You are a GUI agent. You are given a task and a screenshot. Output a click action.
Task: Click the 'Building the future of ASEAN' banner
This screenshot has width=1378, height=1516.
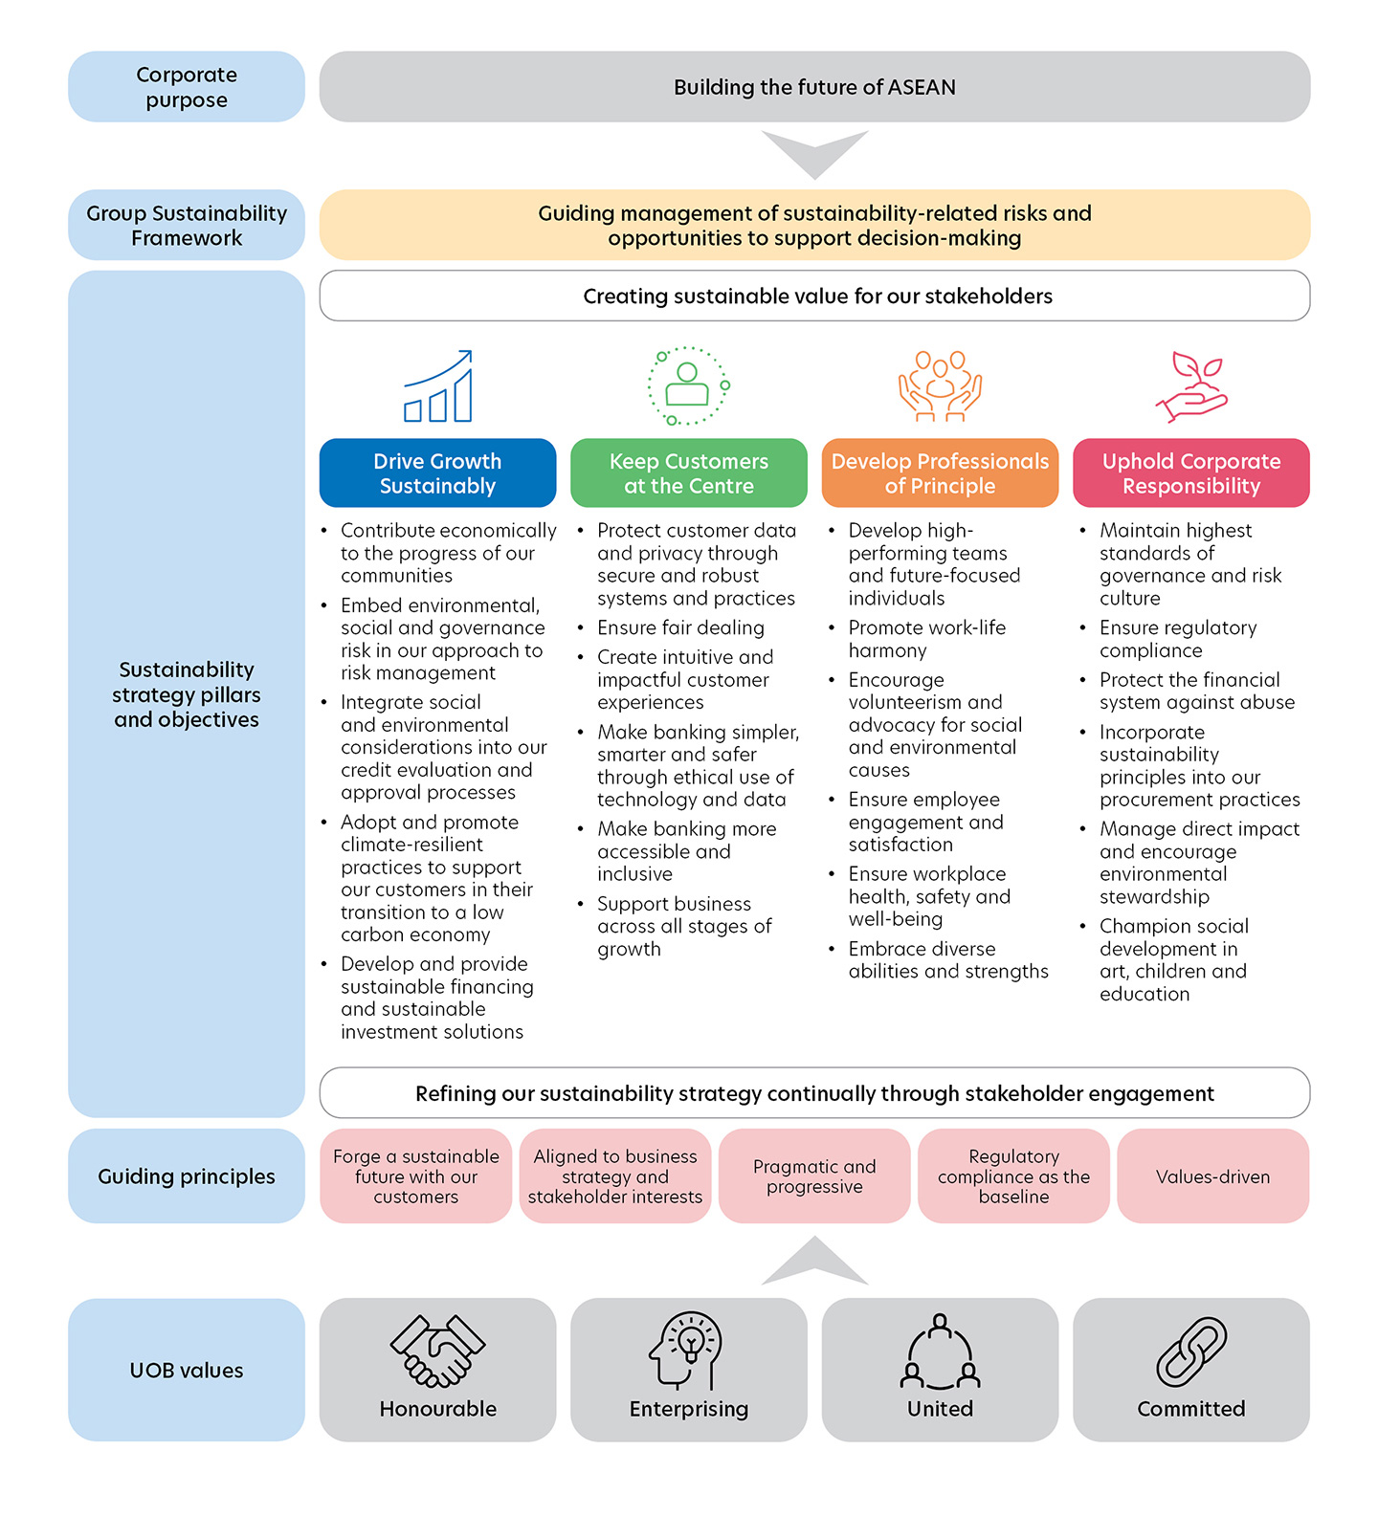click(814, 87)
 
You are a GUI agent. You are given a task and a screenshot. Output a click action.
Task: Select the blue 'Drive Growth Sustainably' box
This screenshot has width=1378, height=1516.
click(437, 473)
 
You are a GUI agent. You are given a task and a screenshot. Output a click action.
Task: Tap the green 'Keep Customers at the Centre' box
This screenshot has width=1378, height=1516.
click(689, 473)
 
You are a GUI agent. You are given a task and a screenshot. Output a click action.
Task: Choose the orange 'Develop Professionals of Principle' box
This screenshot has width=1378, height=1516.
click(940, 473)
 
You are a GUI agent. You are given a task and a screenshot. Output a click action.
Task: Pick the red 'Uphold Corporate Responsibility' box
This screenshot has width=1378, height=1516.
click(1191, 473)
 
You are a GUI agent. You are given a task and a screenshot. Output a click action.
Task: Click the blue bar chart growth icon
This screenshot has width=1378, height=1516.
click(437, 386)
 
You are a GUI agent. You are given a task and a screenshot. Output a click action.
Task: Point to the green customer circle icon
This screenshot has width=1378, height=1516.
click(689, 386)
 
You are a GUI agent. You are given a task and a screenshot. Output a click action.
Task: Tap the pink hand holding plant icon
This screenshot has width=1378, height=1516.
click(1191, 386)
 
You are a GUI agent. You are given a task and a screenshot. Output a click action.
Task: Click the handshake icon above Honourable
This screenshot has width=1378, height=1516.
click(437, 1351)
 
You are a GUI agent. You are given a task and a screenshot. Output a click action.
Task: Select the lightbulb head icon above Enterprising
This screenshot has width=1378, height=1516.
click(686, 1351)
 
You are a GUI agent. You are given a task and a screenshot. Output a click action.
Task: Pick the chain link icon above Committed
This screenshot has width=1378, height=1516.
click(1191, 1351)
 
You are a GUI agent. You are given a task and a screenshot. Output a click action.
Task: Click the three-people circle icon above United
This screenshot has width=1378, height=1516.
click(940, 1352)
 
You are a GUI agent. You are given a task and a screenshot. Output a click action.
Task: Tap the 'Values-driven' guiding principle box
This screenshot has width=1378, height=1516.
click(1212, 1176)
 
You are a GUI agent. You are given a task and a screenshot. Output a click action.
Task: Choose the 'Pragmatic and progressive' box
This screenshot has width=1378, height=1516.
click(814, 1176)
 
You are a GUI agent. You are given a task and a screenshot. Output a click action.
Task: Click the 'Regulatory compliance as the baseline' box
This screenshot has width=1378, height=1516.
click(1013, 1176)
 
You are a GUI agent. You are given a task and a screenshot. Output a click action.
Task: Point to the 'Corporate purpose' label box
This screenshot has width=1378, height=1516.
click(187, 87)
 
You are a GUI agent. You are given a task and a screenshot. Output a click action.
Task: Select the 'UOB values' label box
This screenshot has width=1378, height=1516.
click(187, 1370)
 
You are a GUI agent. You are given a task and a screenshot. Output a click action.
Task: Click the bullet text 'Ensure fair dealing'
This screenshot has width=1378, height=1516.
click(680, 628)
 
